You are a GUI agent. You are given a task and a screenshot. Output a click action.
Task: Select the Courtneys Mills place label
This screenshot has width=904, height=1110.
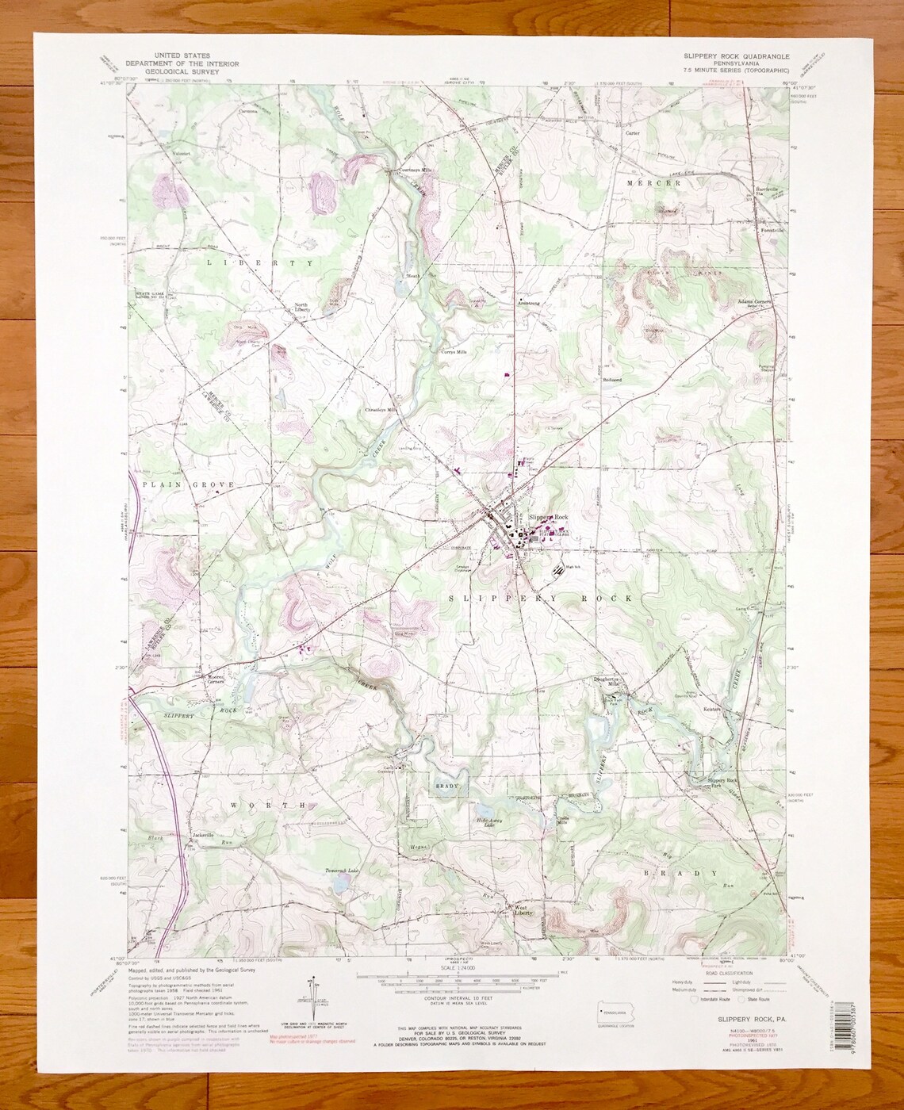(408, 170)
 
